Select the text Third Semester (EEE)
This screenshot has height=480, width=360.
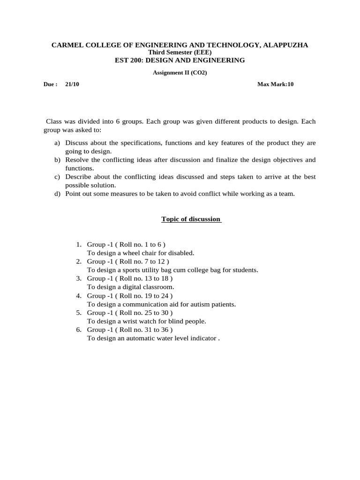click(x=180, y=52)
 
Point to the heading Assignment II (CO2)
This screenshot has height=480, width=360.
click(x=180, y=73)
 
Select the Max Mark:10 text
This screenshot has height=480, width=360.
click(x=275, y=84)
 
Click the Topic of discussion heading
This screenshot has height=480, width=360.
click(x=191, y=219)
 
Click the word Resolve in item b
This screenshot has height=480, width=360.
click(x=77, y=160)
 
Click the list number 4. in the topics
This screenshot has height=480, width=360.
click(x=79, y=295)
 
